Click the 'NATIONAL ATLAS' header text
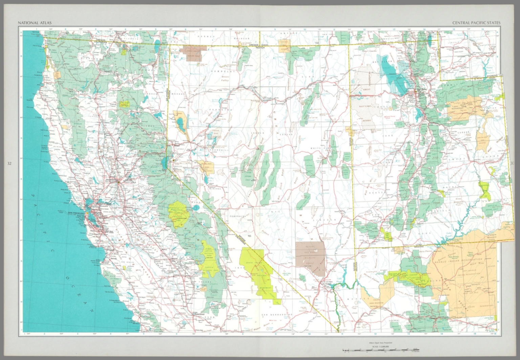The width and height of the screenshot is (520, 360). (35, 23)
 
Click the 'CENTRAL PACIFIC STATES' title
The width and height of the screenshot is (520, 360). (476, 23)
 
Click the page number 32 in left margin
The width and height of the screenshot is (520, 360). (9, 164)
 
